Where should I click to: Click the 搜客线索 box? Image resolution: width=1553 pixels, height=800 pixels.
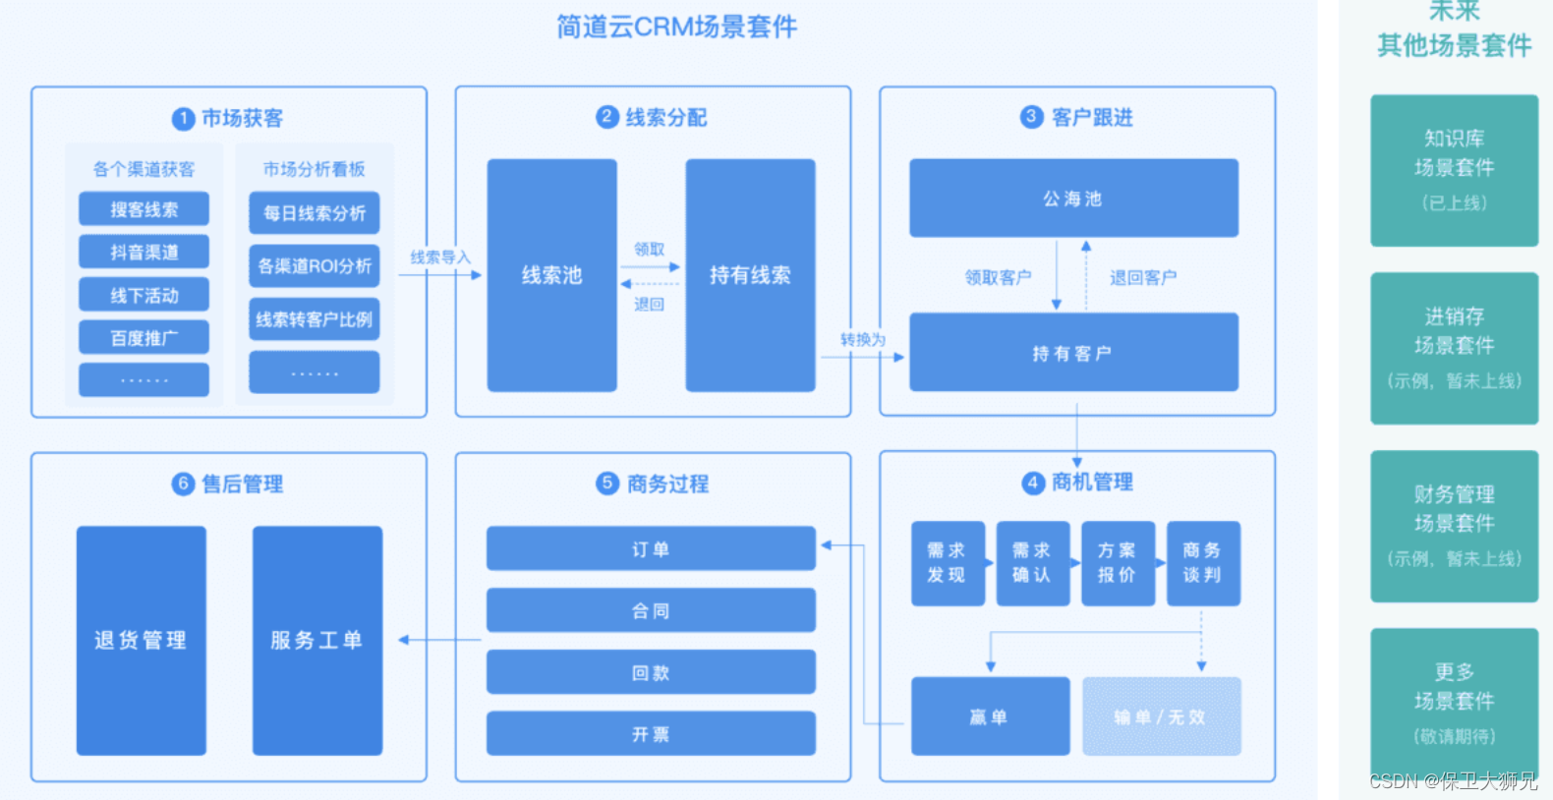[x=144, y=209]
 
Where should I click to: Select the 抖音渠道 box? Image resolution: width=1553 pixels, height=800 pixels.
[x=144, y=253]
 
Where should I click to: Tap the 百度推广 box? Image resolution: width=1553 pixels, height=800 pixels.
[x=144, y=338]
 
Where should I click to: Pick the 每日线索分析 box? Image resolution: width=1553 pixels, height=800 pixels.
[x=314, y=213]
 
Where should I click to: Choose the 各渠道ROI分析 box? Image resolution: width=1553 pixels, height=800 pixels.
[x=314, y=266]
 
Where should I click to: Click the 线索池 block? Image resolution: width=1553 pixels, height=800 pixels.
[x=551, y=275]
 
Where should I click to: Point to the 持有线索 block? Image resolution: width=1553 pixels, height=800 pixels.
[x=750, y=275]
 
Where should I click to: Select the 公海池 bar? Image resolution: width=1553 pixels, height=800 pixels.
[x=1072, y=199]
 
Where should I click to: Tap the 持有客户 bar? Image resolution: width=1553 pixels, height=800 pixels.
[x=1072, y=353]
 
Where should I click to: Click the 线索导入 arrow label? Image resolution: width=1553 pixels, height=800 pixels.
[x=439, y=257]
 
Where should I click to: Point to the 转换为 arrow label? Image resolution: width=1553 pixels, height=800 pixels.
[x=862, y=339]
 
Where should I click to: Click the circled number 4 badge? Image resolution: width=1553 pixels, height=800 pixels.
[x=1032, y=483]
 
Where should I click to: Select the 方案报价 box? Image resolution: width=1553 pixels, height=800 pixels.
[x=1117, y=563]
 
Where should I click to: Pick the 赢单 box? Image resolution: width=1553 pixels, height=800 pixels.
[x=989, y=716]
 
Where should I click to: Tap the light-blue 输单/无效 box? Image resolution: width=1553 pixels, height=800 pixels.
[x=1161, y=716]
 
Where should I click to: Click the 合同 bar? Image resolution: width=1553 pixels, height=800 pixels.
[x=651, y=610]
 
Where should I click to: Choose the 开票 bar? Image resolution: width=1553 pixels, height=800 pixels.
[x=651, y=734]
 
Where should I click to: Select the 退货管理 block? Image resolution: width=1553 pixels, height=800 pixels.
[x=142, y=641]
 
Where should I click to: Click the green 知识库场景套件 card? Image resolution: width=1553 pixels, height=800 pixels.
[x=1454, y=170]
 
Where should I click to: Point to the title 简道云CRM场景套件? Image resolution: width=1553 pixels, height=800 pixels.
[x=676, y=27]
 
